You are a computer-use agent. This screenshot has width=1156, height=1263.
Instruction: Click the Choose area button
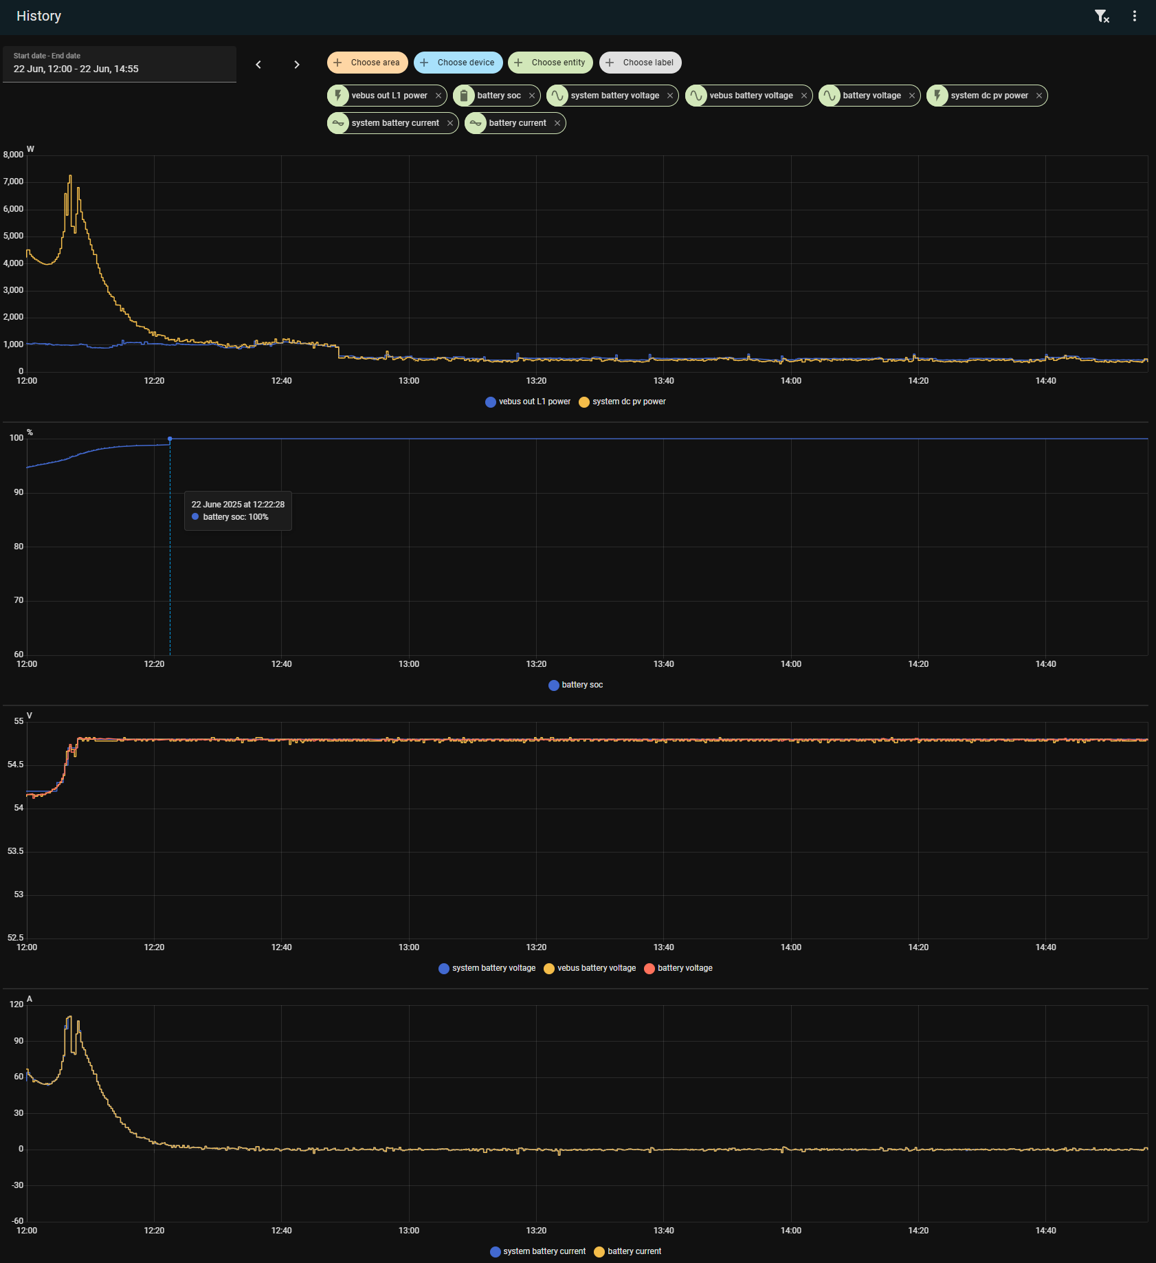pyautogui.click(x=367, y=63)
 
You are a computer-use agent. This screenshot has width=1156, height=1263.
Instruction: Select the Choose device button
pyautogui.click(x=458, y=63)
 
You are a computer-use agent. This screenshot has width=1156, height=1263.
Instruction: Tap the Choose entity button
pyautogui.click(x=551, y=63)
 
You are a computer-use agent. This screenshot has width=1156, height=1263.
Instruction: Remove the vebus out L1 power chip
pyautogui.click(x=438, y=96)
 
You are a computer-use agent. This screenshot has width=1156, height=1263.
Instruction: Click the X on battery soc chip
pyautogui.click(x=532, y=96)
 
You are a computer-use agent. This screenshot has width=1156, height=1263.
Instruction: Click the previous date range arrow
pyautogui.click(x=258, y=65)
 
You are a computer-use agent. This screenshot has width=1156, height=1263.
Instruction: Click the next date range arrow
pyautogui.click(x=297, y=65)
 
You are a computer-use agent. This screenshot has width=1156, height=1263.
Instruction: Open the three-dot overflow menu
pyautogui.click(x=1134, y=16)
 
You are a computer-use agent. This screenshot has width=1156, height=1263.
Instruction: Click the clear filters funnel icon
pyautogui.click(x=1102, y=17)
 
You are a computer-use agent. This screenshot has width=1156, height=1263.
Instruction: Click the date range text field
pyautogui.click(x=120, y=64)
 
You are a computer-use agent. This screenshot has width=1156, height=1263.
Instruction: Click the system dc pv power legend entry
pyautogui.click(x=622, y=402)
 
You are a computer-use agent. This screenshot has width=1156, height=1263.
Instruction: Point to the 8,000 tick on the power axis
pyautogui.click(x=14, y=155)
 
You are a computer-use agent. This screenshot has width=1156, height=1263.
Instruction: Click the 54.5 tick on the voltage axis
pyautogui.click(x=15, y=765)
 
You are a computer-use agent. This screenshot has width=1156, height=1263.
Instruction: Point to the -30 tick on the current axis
pyautogui.click(x=17, y=1185)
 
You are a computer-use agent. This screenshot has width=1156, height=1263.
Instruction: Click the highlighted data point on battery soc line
pyautogui.click(x=170, y=439)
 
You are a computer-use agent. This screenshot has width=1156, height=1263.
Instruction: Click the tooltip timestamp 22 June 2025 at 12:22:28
pyautogui.click(x=238, y=505)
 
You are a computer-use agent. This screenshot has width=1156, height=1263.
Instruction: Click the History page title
pyautogui.click(x=38, y=16)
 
